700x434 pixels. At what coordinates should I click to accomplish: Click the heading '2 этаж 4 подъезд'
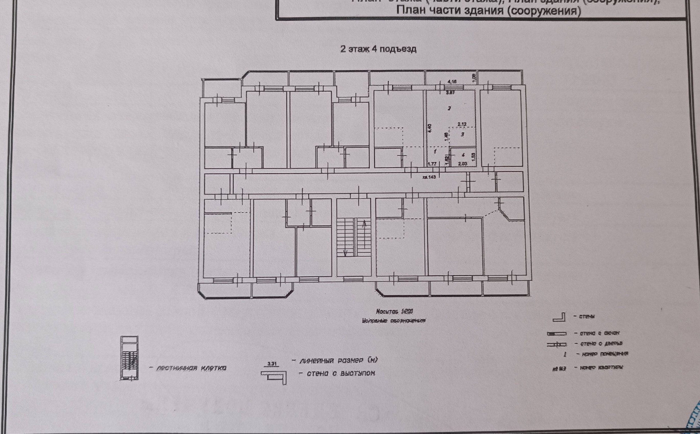pyautogui.click(x=378, y=49)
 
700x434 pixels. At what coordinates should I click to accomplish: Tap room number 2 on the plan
pyautogui.click(x=450, y=108)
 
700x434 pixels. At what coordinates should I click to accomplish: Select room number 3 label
pyautogui.click(x=462, y=135)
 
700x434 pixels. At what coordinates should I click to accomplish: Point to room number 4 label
pyautogui.click(x=463, y=155)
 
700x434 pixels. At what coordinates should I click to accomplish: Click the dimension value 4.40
pyautogui.click(x=429, y=128)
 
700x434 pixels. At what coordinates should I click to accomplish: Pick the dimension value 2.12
pyautogui.click(x=462, y=124)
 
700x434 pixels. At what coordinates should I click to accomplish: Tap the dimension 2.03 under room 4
pyautogui.click(x=462, y=164)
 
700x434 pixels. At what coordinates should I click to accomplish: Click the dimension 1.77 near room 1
pyautogui.click(x=432, y=164)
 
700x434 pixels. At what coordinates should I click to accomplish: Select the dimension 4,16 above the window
pyautogui.click(x=452, y=82)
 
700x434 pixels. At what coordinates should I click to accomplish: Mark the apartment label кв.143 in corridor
pyautogui.click(x=429, y=177)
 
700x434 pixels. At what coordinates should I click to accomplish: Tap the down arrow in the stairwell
pyautogui.click(x=345, y=253)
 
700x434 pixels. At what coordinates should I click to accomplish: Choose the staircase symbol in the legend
pyautogui.click(x=129, y=358)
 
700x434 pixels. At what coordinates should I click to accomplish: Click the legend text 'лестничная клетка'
pyautogui.click(x=191, y=368)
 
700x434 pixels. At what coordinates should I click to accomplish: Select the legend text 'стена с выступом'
pyautogui.click(x=341, y=373)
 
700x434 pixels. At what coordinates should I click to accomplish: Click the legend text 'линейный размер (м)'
pyautogui.click(x=338, y=360)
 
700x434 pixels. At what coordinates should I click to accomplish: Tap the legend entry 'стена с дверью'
pyautogui.click(x=598, y=343)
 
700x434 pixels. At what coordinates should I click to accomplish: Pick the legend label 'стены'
pyautogui.click(x=587, y=316)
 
